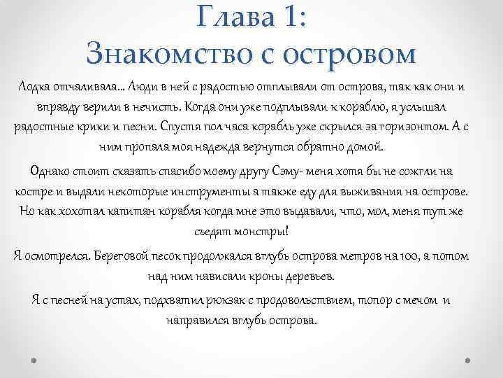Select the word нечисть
[156, 106]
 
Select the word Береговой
[130, 256]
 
